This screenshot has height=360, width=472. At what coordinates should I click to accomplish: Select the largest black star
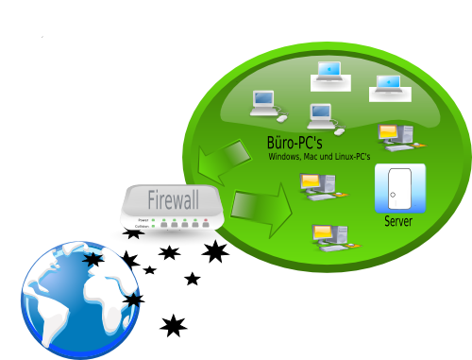point(215,251)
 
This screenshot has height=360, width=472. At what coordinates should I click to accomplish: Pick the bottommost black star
point(173,326)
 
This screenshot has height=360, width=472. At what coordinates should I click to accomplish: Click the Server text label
point(399,222)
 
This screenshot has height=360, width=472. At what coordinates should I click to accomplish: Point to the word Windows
point(286,157)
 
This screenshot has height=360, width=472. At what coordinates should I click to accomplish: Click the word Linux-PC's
point(350,157)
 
